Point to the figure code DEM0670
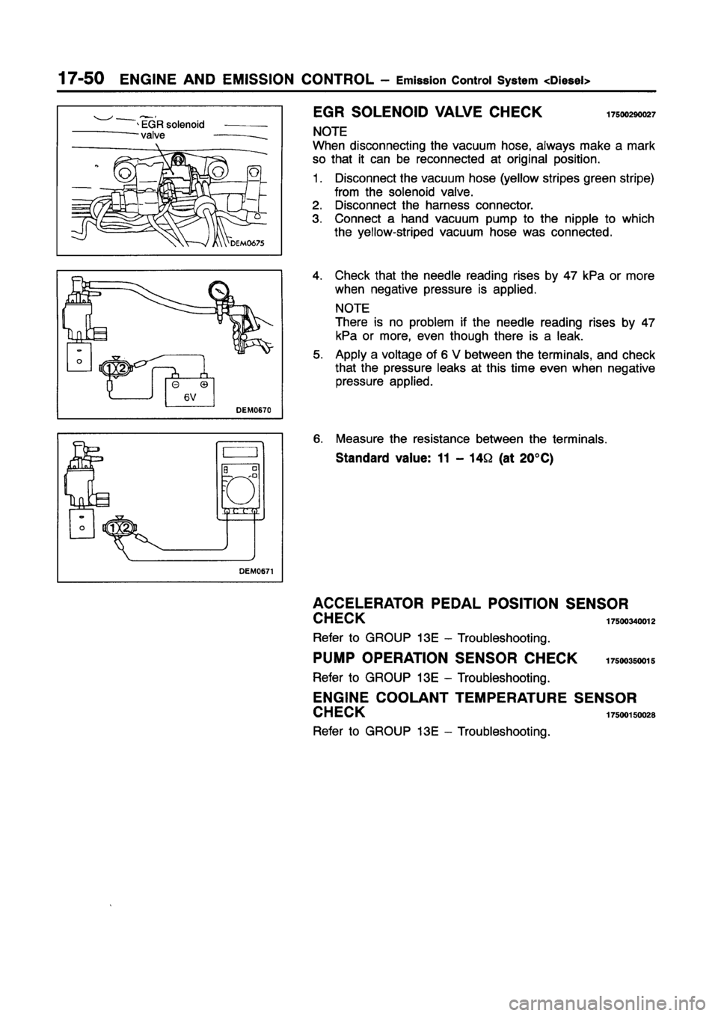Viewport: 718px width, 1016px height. click(259, 409)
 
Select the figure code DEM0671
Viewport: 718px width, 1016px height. click(258, 571)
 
